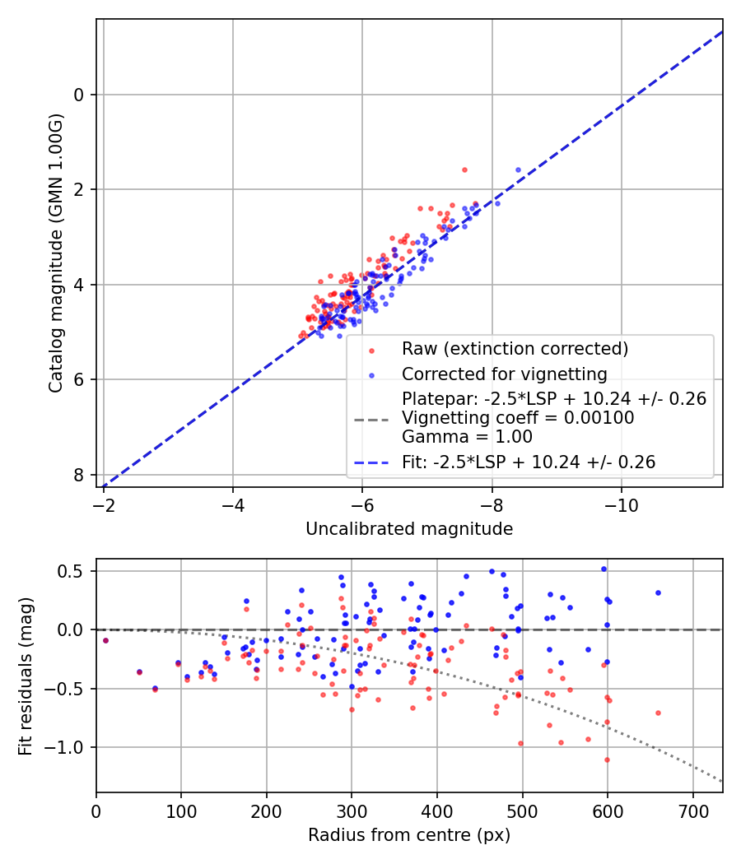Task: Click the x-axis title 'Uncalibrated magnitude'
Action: click(409, 529)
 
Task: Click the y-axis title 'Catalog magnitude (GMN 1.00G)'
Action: click(55, 253)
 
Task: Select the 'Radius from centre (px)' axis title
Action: click(409, 835)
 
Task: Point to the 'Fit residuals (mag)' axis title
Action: click(26, 676)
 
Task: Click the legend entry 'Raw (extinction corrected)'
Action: click(515, 349)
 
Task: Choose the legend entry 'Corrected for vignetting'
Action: click(504, 374)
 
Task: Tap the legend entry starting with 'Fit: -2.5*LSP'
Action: click(529, 462)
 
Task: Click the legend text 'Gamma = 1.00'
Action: click(467, 437)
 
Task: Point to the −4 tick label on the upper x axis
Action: click(233, 504)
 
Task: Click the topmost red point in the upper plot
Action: click(464, 170)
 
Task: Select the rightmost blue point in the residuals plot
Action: click(658, 592)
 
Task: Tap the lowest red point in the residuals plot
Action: click(608, 759)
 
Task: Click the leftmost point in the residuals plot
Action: click(105, 640)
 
